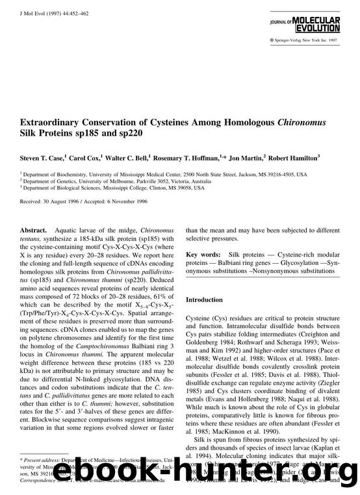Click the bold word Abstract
(x=33, y=230)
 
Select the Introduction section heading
(x=207, y=300)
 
